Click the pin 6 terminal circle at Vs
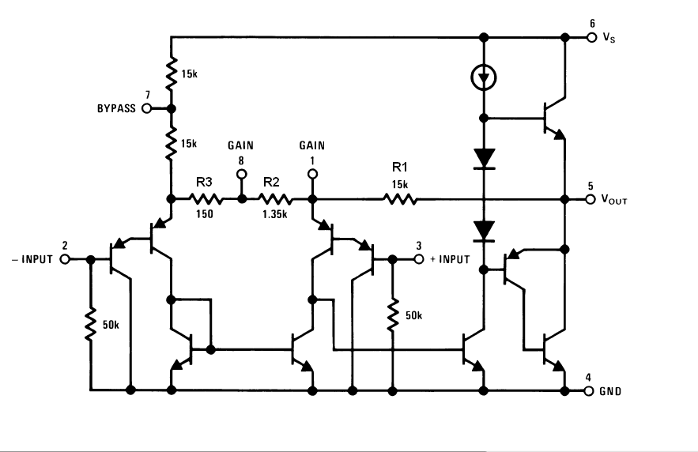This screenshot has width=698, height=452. click(x=591, y=37)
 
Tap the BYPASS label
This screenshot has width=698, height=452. click(x=117, y=108)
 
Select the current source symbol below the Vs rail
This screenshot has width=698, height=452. click(x=484, y=78)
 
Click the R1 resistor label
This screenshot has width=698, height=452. click(x=400, y=167)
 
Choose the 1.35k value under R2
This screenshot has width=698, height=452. click(x=274, y=214)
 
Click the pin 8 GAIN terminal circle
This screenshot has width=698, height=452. click(x=242, y=174)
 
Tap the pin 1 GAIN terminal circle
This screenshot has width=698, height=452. click(x=313, y=174)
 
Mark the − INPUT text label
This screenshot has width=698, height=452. click(x=32, y=259)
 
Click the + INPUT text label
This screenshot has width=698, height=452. click(x=450, y=259)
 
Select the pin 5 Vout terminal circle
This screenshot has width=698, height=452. click(x=590, y=199)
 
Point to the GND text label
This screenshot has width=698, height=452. click(x=610, y=391)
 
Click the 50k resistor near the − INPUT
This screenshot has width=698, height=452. click(x=90, y=324)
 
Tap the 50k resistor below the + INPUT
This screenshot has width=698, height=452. click(x=393, y=315)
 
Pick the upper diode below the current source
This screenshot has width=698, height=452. click(x=484, y=160)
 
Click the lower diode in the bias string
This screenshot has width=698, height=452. click(x=484, y=232)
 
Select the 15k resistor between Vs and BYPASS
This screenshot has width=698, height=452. click(x=171, y=73)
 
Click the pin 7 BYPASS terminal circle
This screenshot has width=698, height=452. click(x=146, y=108)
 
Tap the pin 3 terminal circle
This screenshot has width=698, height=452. click(x=419, y=259)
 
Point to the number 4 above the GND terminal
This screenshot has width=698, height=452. click(x=588, y=378)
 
